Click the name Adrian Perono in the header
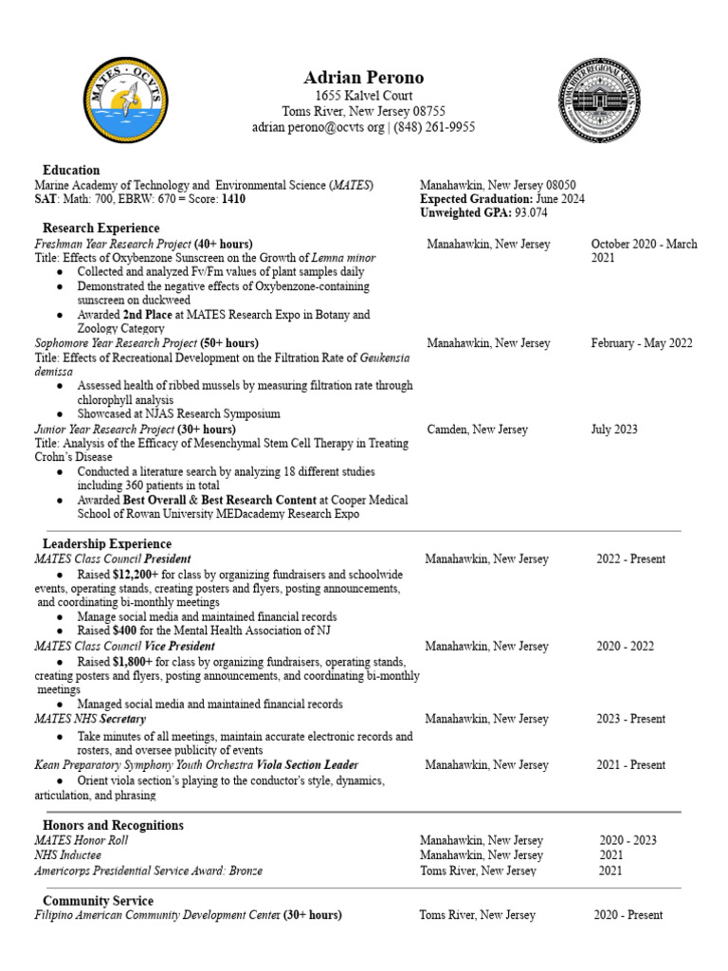363,77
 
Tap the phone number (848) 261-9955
434,127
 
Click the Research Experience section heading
101,229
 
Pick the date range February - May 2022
641,343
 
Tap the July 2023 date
614,430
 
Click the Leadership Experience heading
107,544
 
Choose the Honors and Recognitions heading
113,826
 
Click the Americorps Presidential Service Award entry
148,870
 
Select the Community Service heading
98,900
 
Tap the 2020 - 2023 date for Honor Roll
628,840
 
